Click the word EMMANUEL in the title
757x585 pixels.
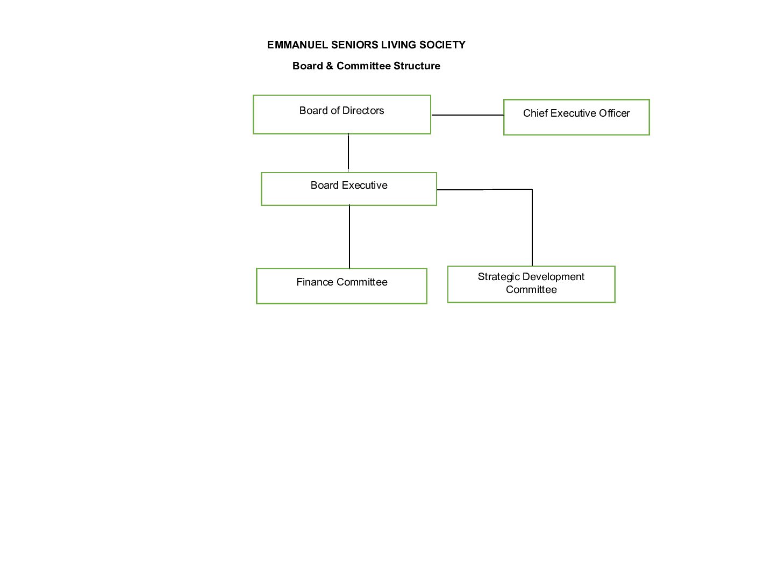tap(297, 45)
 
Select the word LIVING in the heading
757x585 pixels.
tap(398, 45)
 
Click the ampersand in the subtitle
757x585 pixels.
tap(330, 66)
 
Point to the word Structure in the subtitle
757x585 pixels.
tap(417, 66)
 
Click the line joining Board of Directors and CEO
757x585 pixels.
tap(468, 115)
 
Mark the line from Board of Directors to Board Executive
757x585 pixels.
tap(348, 153)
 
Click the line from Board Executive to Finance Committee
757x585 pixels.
tap(349, 237)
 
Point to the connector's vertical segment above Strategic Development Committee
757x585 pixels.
tap(532, 227)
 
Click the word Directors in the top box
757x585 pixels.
tap(363, 110)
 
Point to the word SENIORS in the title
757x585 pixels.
tap(355, 45)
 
